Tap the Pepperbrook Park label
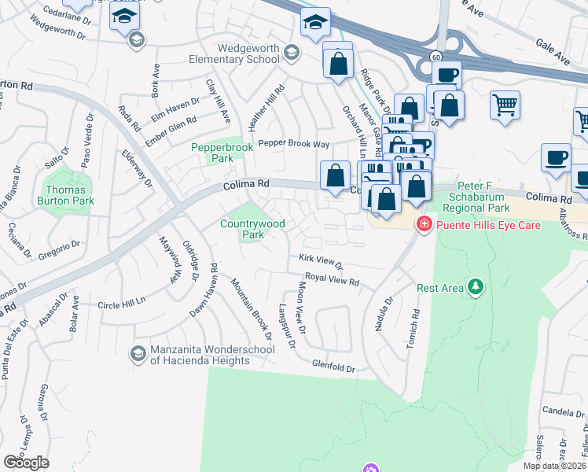click(213, 152)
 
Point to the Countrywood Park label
click(252, 229)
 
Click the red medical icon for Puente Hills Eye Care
click(424, 223)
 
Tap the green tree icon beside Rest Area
click(475, 288)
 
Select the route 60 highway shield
click(435, 57)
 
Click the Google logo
click(26, 462)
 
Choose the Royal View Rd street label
click(332, 280)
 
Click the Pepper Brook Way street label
click(294, 144)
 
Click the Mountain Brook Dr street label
click(252, 308)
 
